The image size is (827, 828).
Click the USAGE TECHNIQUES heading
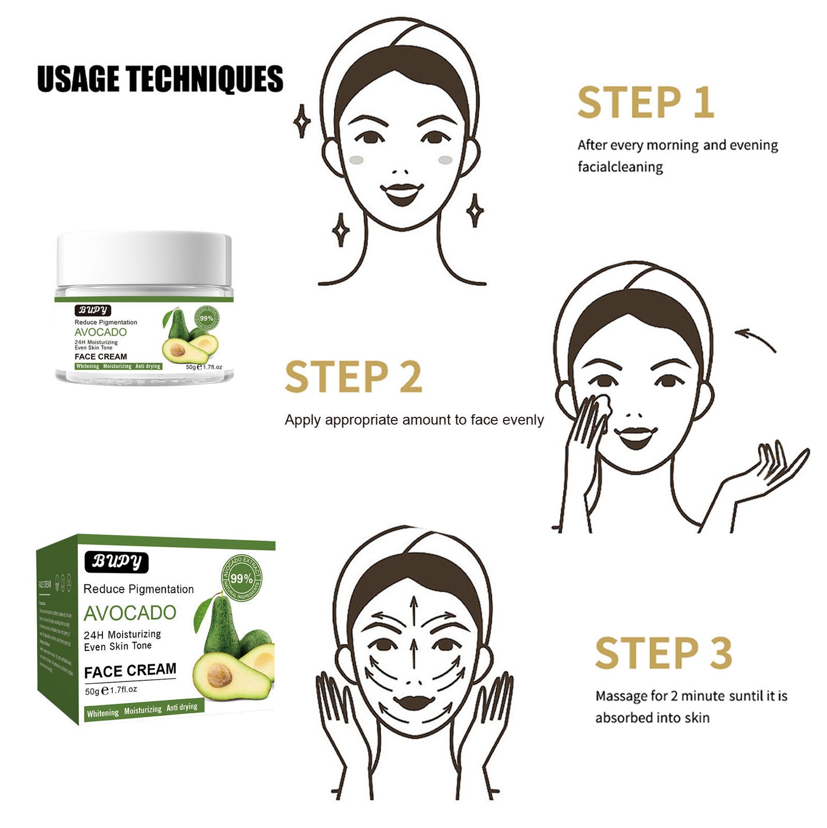tap(160, 79)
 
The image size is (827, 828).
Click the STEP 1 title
tap(646, 103)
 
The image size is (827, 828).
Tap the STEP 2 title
tap(353, 377)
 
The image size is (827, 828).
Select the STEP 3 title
tap(663, 653)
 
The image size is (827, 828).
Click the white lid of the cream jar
tap(144, 258)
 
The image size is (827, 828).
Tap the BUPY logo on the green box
tap(117, 562)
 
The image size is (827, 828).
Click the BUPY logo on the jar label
tap(93, 310)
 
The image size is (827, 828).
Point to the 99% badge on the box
tap(242, 578)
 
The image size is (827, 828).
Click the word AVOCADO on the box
tap(130, 613)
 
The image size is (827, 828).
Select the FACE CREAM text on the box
tap(130, 671)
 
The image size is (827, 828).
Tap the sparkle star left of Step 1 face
tap(302, 121)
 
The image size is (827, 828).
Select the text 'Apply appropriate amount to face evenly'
tap(414, 420)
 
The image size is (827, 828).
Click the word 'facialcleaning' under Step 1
tap(620, 167)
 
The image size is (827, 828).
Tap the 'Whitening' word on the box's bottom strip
tap(103, 713)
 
